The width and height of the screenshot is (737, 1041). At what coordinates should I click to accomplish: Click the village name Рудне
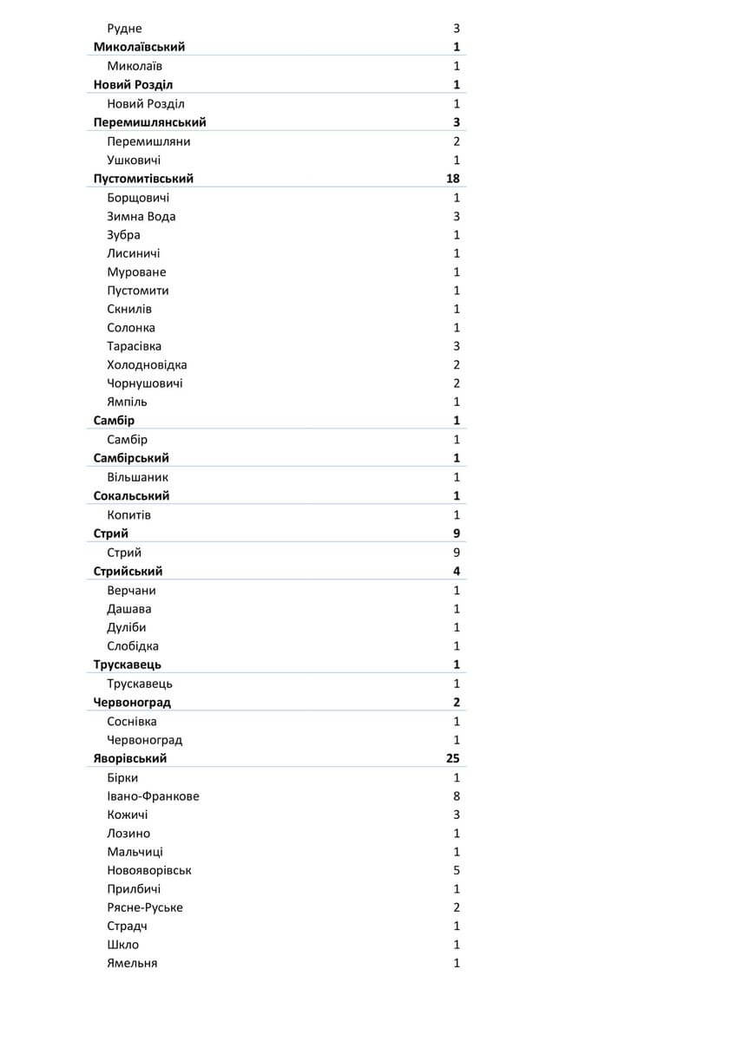tap(124, 29)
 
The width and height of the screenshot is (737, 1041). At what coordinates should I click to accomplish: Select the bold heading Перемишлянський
tap(149, 122)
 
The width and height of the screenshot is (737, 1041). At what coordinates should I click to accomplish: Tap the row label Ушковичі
tap(134, 160)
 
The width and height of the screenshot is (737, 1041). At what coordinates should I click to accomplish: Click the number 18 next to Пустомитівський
tap(452, 179)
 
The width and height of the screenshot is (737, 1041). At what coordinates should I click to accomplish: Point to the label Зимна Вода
tap(141, 217)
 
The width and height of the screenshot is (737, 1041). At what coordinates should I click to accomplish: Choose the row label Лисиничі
tap(133, 253)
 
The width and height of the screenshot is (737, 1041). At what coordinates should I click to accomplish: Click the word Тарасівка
tap(134, 346)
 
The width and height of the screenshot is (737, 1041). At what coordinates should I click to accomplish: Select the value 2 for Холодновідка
tap(457, 365)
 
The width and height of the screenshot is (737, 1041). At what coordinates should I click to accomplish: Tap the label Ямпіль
tap(127, 402)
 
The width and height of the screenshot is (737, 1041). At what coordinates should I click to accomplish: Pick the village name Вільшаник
tap(137, 477)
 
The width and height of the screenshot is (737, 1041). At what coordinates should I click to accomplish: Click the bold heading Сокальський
tap(131, 496)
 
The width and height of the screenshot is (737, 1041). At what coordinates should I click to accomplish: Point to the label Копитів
tap(128, 515)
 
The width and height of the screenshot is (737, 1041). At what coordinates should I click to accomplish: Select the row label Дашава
tap(128, 609)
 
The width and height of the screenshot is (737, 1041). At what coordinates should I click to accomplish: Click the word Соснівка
tap(132, 722)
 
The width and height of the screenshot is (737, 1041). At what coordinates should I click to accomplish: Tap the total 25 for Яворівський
tap(452, 758)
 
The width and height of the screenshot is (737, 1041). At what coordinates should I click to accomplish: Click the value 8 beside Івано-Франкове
tap(457, 796)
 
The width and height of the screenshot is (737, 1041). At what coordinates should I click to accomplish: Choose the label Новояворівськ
tap(149, 870)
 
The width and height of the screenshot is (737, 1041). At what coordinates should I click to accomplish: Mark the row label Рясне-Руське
tap(144, 907)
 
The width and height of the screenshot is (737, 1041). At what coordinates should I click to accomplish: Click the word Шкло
tap(122, 945)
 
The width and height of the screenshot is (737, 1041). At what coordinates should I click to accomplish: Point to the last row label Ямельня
tap(132, 963)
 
